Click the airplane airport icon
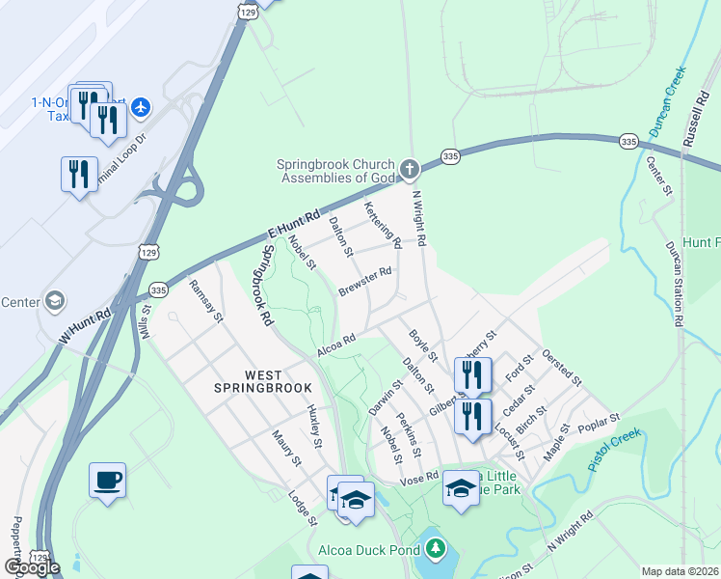click(142, 105)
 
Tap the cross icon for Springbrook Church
click(411, 171)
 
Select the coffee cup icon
click(107, 480)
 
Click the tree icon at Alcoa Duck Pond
click(437, 550)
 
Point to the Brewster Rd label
click(364, 282)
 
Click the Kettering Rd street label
click(381, 224)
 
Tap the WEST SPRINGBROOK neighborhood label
click(264, 381)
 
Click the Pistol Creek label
click(614, 450)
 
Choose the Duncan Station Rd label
click(674, 283)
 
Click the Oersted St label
click(562, 368)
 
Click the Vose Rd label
click(419, 478)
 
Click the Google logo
click(31, 567)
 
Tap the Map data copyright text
click(681, 571)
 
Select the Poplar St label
click(599, 423)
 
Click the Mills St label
click(146, 323)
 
